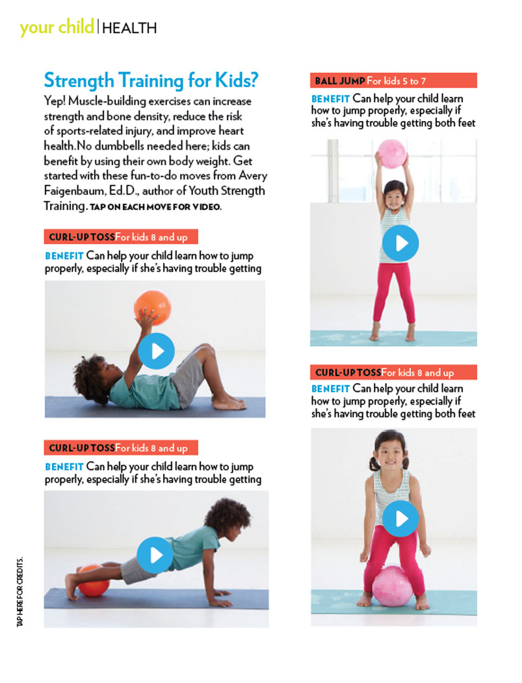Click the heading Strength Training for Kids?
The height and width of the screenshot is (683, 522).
(151, 80)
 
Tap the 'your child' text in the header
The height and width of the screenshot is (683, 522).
(57, 27)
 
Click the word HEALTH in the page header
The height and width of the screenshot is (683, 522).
(129, 29)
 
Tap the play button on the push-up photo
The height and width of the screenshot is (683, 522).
(155, 555)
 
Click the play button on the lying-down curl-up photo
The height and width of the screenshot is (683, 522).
(156, 351)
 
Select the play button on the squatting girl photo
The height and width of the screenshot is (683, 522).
(400, 518)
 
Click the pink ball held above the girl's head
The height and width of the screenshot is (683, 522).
(392, 154)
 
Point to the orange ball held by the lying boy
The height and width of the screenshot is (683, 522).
(152, 308)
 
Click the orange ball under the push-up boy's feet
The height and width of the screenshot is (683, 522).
(94, 581)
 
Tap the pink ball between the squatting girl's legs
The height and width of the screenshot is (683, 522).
(392, 586)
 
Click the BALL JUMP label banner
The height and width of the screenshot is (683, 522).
(393, 81)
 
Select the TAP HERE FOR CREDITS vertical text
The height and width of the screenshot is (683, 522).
(20, 592)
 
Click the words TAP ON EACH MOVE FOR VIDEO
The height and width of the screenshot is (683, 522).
(155, 207)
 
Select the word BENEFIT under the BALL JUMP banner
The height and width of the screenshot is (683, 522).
(330, 99)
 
